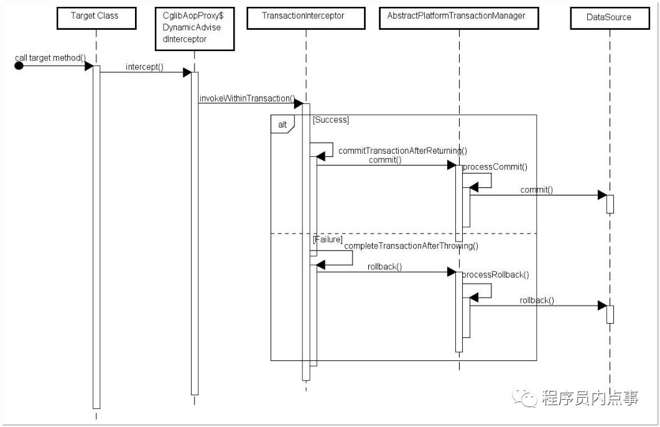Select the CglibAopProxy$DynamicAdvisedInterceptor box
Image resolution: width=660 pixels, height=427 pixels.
193,27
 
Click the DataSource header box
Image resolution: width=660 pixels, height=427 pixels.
609,17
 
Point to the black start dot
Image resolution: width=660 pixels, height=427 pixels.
19,65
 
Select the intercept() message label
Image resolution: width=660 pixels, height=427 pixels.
144,66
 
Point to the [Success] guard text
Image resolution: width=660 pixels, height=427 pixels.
331,120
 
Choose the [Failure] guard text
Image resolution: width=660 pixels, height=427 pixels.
328,240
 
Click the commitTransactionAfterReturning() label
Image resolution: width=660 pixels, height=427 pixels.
402,150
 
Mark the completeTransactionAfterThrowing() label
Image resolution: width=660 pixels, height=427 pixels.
411,246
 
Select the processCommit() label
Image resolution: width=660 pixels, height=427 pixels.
495,167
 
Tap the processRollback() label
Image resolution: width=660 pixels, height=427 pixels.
496,274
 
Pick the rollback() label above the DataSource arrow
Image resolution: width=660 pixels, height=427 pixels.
537,300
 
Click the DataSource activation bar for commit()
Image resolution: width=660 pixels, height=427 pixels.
610,204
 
